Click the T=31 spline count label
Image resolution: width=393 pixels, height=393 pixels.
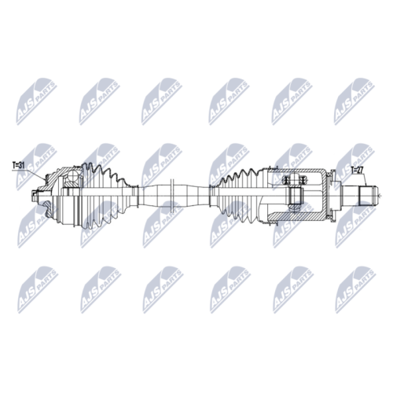[19, 166]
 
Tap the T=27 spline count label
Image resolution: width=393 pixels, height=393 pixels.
[357, 168]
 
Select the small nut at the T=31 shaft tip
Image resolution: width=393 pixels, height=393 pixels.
[37, 195]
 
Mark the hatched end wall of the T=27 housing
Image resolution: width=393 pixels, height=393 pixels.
[325, 194]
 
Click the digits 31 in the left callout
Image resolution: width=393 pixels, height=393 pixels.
[23, 166]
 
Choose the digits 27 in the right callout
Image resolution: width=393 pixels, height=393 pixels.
[361, 168]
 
